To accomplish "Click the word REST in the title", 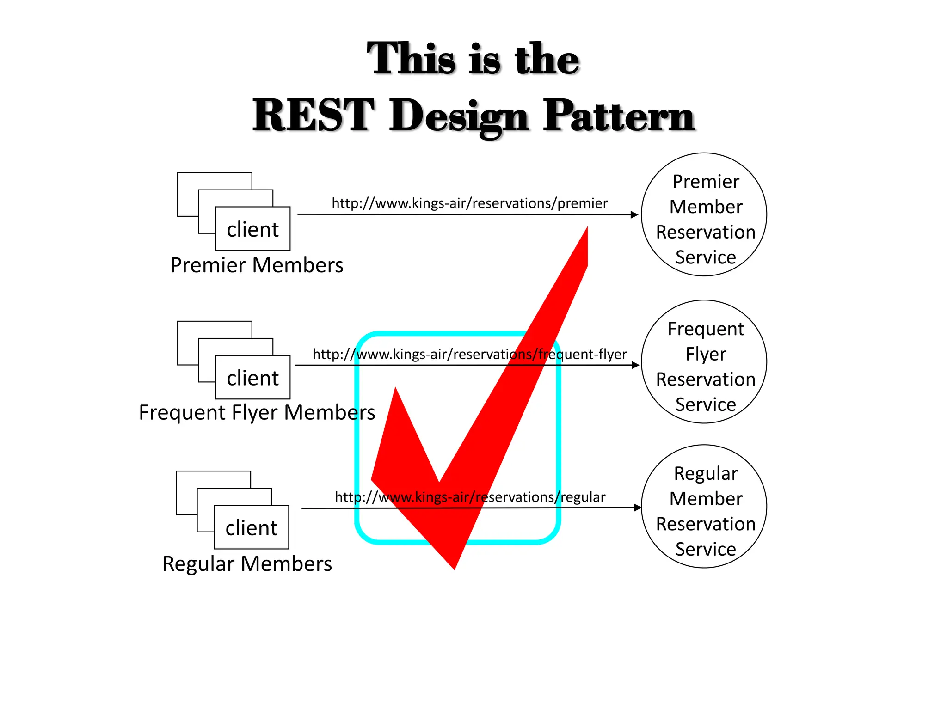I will (x=313, y=116).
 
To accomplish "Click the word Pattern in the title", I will (x=619, y=116).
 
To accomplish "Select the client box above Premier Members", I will (x=252, y=229).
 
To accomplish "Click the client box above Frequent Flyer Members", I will (x=252, y=378).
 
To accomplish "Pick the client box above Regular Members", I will (x=251, y=527).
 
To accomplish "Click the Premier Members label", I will (x=257, y=265).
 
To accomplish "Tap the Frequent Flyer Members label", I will (x=257, y=412).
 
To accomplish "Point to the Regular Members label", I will (x=247, y=564).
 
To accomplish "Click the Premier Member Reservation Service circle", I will (x=704, y=214).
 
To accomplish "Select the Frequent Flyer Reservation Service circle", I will (x=704, y=362).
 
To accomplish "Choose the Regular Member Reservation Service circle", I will (x=704, y=507).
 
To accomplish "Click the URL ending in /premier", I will (x=469, y=203).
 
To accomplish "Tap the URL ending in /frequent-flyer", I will (x=469, y=355).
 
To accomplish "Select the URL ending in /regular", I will (x=469, y=497).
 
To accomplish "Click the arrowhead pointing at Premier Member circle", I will (x=635, y=214).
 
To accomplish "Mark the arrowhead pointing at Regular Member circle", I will (x=638, y=508).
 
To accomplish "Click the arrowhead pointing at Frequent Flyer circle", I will (x=636, y=365).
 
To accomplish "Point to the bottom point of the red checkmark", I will (x=455, y=568).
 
